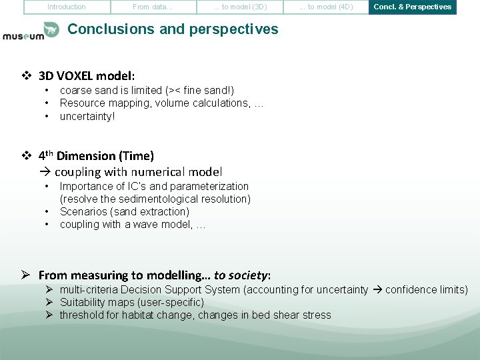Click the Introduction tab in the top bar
coord(67,7)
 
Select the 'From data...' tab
coord(153,7)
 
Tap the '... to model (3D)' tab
coord(239,7)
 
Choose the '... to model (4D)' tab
coord(326,7)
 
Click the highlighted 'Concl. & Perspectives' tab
coord(412,7)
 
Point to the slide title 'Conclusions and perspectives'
coord(173,29)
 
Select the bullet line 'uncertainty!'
coord(87,116)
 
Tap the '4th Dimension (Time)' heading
coord(96,156)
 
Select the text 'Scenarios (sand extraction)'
coord(125,211)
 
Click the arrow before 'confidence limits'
coord(377,289)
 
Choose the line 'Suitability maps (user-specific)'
coord(132,302)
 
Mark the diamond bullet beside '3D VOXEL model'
coord(27,75)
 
